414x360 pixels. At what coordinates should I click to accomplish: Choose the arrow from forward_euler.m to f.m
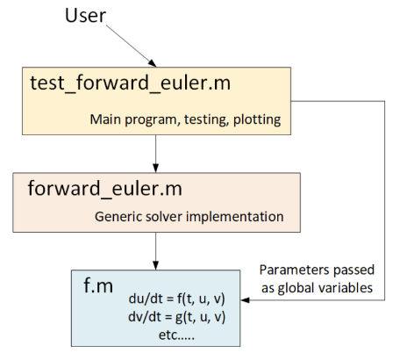tap(155, 256)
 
